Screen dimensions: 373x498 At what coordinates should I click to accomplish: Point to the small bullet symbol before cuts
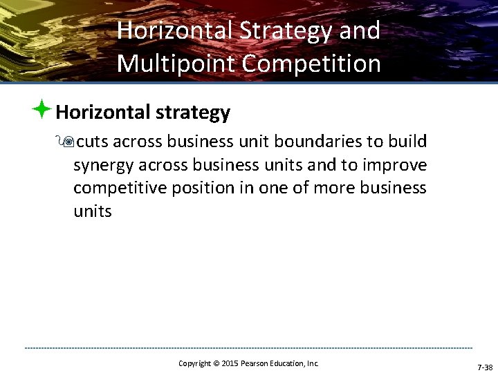(x=67, y=142)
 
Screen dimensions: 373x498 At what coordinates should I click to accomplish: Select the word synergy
(x=103, y=166)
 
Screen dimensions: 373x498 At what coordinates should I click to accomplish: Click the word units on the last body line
(x=92, y=211)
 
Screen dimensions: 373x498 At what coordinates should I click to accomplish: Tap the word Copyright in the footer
(x=194, y=363)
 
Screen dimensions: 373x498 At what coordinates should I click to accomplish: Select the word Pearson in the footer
(x=257, y=363)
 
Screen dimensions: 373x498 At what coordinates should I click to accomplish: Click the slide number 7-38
(x=485, y=367)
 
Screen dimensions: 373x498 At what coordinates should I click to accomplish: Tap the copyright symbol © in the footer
(x=215, y=363)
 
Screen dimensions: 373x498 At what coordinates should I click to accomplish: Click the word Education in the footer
(x=290, y=363)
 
